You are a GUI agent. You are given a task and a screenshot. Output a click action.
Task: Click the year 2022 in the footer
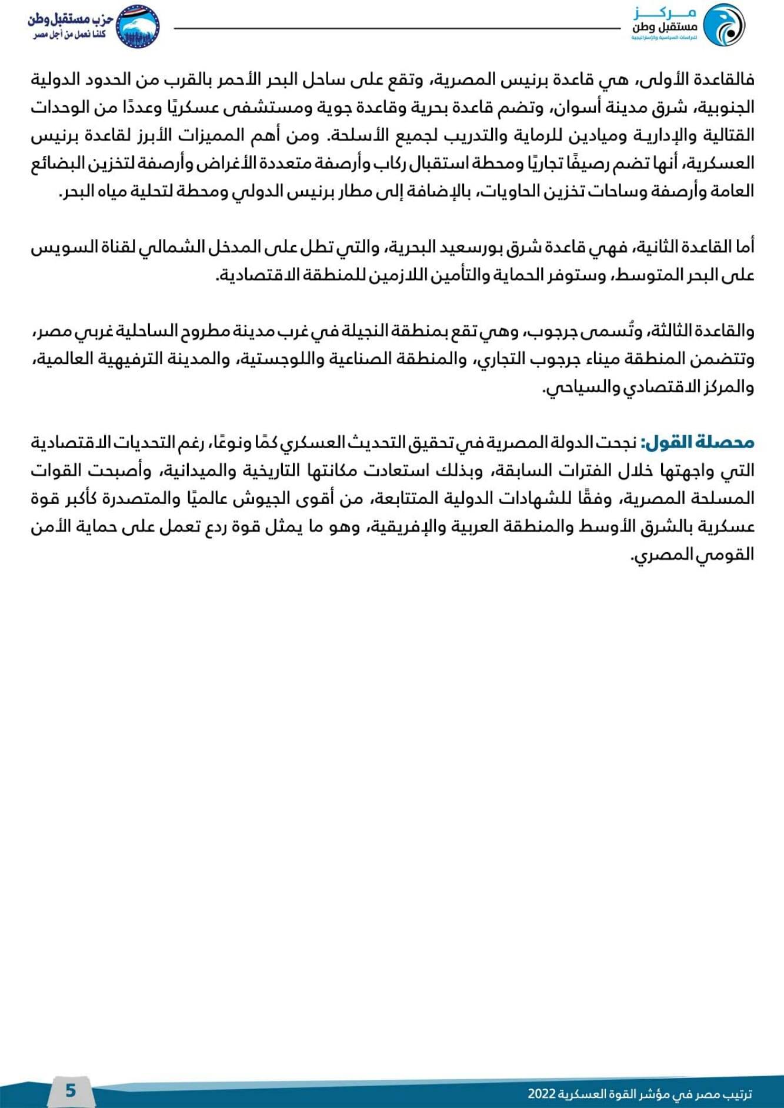coord(542,1094)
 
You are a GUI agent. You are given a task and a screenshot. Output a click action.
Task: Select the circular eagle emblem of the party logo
coord(138,26)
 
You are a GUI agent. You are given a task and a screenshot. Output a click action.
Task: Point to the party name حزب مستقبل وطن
coord(71,19)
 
